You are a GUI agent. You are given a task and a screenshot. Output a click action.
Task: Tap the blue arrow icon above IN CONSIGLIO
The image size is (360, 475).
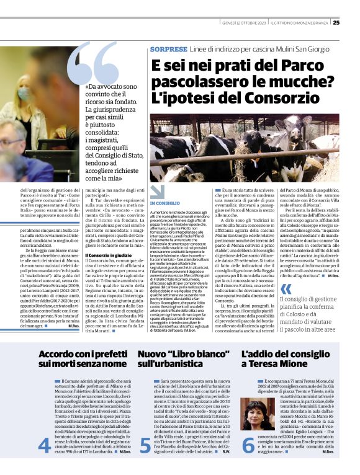click(x=158, y=192)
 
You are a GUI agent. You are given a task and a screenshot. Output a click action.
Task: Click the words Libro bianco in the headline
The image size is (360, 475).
click(x=190, y=353)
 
